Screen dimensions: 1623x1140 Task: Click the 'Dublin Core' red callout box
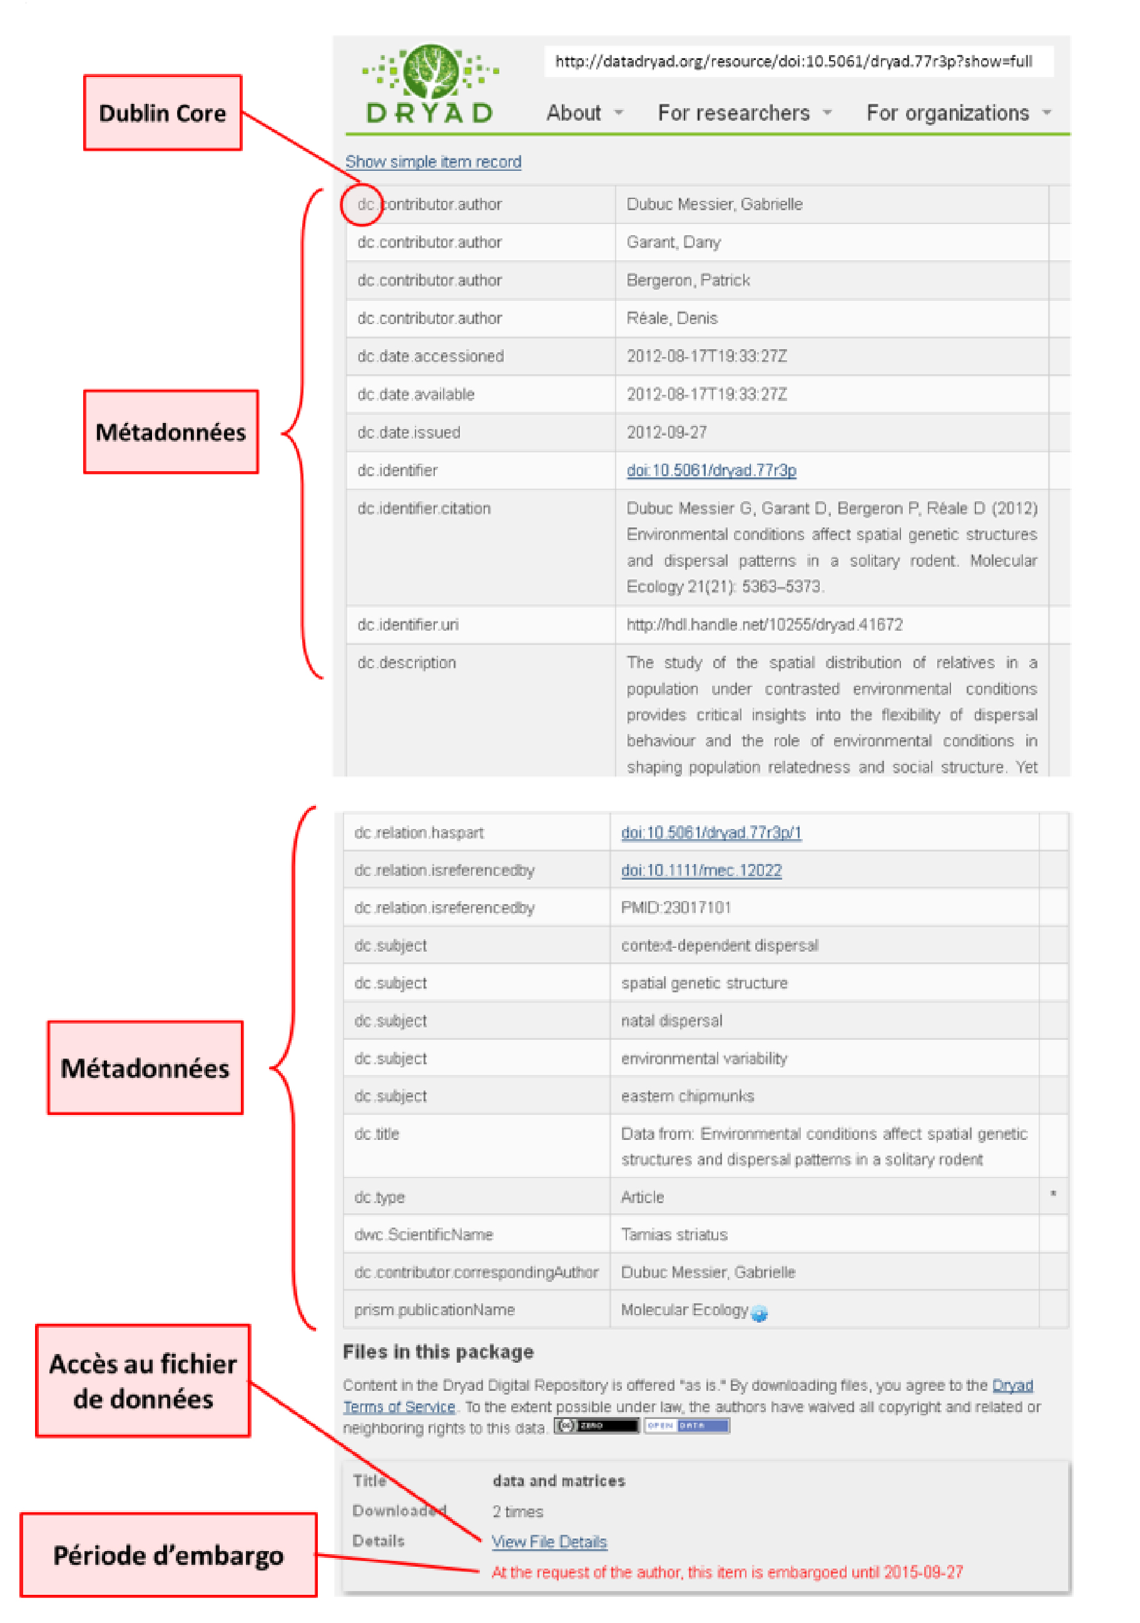tap(163, 113)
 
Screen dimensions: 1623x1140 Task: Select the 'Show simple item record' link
tap(432, 162)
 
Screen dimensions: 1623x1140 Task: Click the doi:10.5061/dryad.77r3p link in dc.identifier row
tap(711, 470)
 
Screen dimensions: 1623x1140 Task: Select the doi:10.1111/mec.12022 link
tap(701, 870)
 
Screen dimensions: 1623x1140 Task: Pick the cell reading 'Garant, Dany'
tap(673, 243)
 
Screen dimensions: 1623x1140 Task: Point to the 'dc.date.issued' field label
tap(409, 432)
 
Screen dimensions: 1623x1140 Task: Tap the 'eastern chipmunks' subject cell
tap(687, 1096)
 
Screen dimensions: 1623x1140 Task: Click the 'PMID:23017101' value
tap(676, 908)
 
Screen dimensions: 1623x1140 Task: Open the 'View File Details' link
tap(549, 1542)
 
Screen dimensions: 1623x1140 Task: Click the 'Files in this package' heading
tap(437, 1351)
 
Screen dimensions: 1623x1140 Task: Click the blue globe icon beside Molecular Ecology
tap(759, 1313)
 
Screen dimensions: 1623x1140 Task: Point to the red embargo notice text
tap(726, 1572)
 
